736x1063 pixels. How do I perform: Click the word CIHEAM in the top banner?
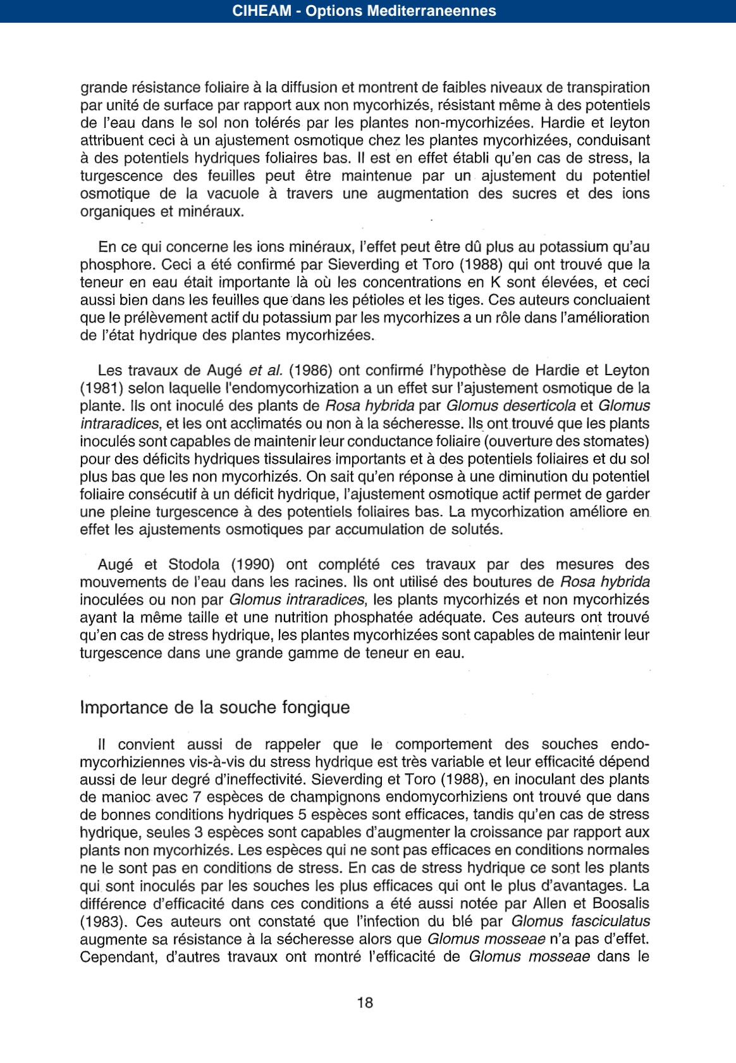[x=262, y=11]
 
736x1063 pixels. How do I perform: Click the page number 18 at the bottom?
[x=365, y=1002]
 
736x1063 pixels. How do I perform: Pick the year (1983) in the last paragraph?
[x=104, y=921]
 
